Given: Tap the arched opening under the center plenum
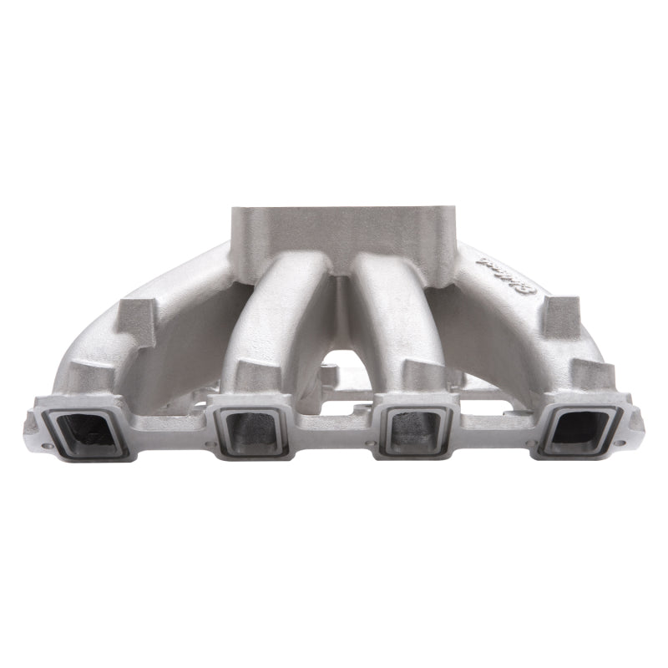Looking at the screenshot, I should point(334,355).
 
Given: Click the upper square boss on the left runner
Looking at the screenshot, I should point(134,316).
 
